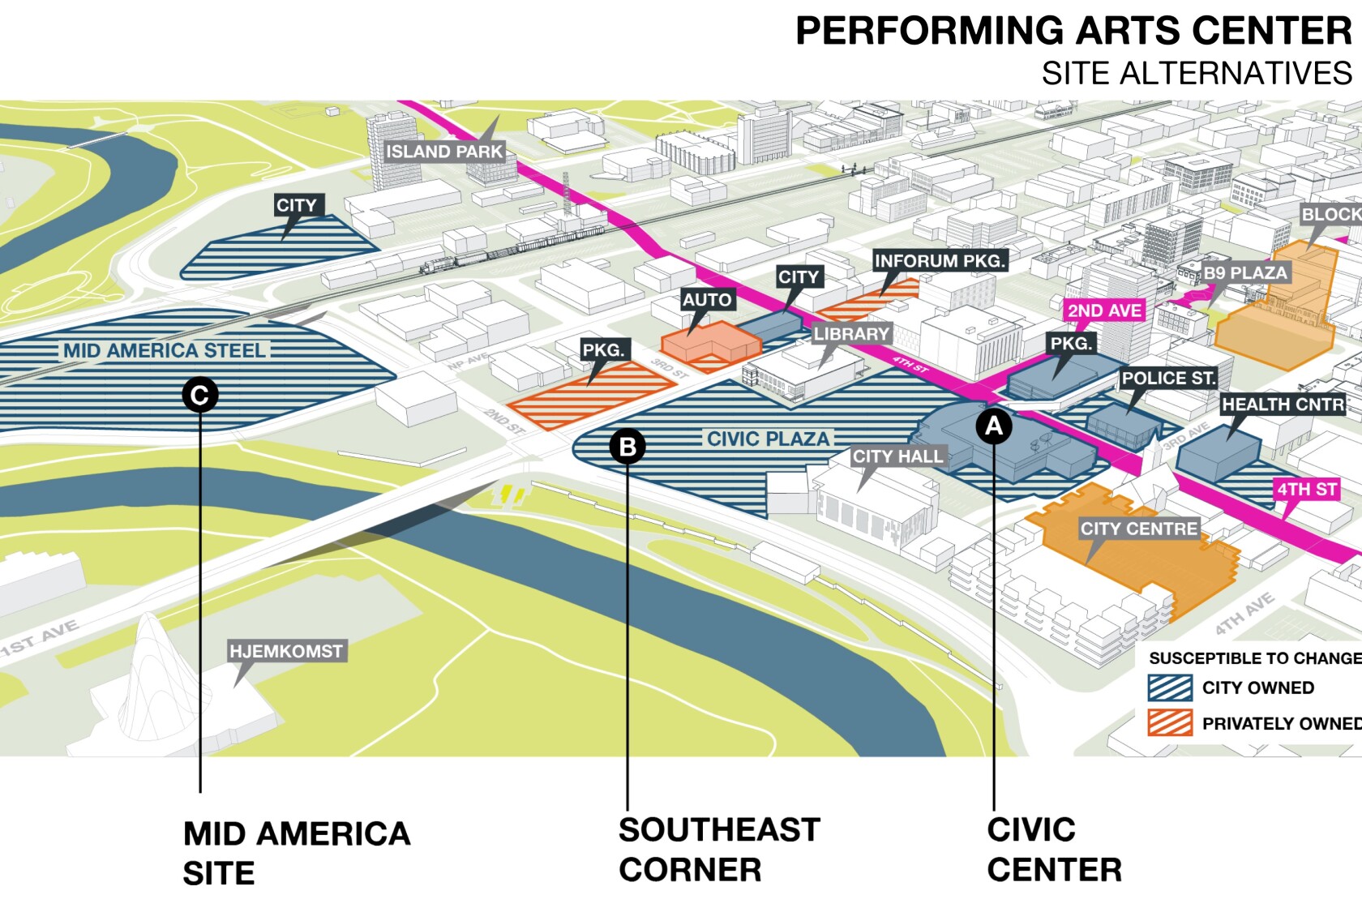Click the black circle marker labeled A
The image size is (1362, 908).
pos(994,426)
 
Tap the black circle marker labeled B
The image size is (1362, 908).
pos(627,446)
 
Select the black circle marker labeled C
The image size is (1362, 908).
pos(199,395)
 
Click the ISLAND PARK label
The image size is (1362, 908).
pos(444,152)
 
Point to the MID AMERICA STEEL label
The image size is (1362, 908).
pos(165,350)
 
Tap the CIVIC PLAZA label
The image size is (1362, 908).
pos(768,439)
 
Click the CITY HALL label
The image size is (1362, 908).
pos(897,456)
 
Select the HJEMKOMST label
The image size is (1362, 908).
pos(286,651)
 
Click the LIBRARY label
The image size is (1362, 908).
pos(851,333)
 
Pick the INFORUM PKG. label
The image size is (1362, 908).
pos(940,261)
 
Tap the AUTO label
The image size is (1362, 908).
pos(707,300)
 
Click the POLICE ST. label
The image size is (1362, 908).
pos(1168,378)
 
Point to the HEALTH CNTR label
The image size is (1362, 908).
pos(1283,404)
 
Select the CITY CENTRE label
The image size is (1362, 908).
pos(1138,529)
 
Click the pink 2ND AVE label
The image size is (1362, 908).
pos(1104,311)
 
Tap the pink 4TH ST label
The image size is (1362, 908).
pos(1306,490)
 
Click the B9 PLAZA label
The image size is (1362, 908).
pos(1244,272)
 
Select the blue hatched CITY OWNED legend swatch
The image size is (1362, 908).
pos(1170,687)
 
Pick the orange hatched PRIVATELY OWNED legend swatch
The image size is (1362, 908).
pos(1170,723)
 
